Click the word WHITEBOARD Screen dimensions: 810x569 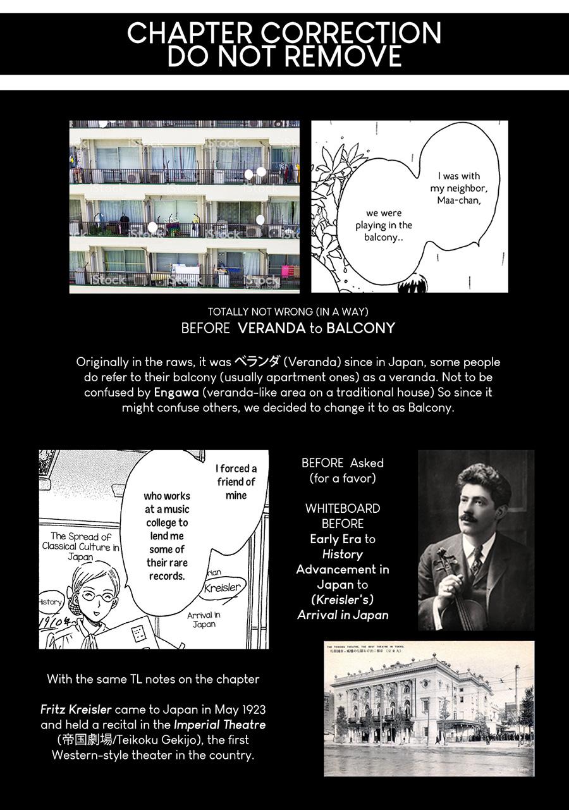click(x=343, y=508)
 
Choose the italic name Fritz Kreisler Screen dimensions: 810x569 click(x=76, y=709)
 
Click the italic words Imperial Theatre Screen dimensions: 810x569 click(x=219, y=725)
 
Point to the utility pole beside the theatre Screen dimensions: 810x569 click(x=517, y=702)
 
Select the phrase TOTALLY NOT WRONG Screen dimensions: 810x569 click(x=259, y=312)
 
